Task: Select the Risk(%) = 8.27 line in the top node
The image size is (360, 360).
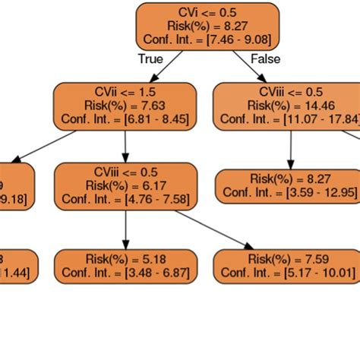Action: coord(208,26)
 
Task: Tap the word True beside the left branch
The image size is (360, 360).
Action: coord(150,58)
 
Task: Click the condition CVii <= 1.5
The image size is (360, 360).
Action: coord(125,92)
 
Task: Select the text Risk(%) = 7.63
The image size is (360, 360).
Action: coord(125,105)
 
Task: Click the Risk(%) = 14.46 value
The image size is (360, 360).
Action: coord(291,105)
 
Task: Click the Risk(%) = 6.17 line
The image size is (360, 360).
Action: coord(126,185)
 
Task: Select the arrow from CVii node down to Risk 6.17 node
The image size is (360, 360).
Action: coord(125,145)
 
